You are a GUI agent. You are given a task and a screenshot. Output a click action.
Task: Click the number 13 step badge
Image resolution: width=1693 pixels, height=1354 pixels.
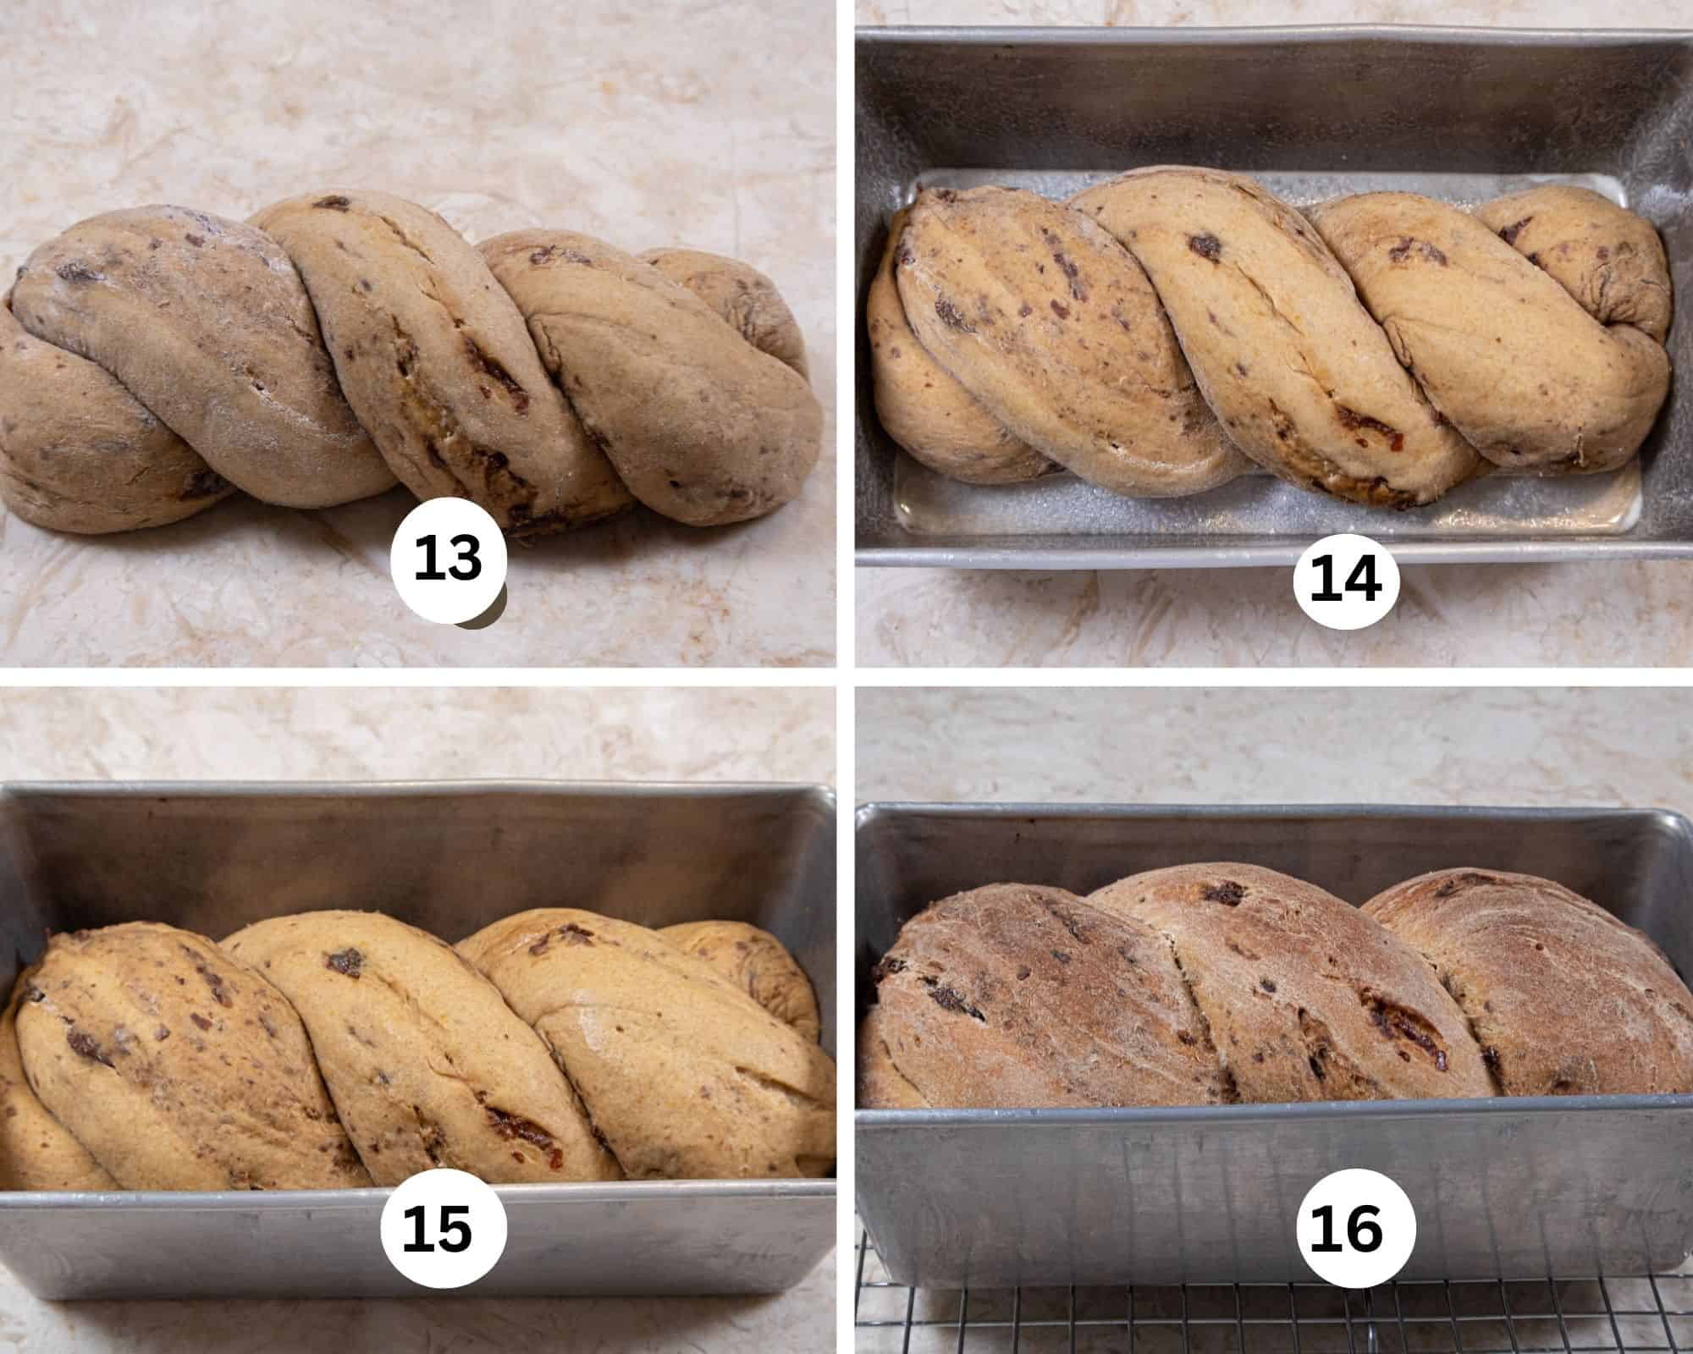coord(448,559)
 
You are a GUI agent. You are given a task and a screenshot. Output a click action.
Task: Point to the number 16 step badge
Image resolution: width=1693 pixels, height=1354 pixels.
coord(1345,1229)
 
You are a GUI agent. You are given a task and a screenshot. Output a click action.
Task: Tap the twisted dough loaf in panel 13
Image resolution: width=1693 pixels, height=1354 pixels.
coord(406,364)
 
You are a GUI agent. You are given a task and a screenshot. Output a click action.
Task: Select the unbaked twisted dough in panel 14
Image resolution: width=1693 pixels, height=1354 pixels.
coord(1253,338)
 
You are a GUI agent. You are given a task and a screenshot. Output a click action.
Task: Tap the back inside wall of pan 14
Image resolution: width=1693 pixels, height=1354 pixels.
coord(1253,102)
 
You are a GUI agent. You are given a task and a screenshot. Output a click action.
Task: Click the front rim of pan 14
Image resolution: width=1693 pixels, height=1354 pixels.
coord(1100,554)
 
